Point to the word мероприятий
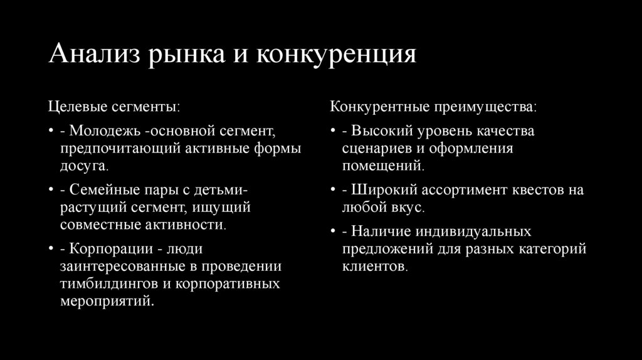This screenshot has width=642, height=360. coord(106,301)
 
